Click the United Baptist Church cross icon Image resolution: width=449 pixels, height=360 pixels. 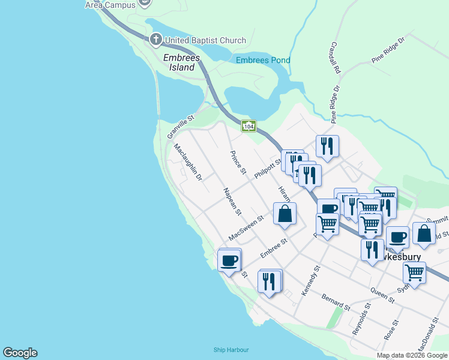[x=155, y=40]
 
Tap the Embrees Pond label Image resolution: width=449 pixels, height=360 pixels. [x=263, y=61]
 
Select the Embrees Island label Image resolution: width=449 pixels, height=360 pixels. [x=179, y=62]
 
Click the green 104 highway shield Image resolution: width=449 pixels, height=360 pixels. [x=249, y=126]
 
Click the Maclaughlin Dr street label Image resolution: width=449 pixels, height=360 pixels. [x=188, y=163]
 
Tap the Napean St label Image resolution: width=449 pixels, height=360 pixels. [x=232, y=201]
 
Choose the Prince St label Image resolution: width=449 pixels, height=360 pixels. [x=238, y=163]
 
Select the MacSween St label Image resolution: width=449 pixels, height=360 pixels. [x=246, y=228]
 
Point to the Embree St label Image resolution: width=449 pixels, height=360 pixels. [x=274, y=248]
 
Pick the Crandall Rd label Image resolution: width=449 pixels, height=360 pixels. [x=335, y=58]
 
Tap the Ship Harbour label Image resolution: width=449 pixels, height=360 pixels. [x=231, y=350]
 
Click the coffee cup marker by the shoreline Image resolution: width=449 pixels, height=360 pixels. [x=229, y=261]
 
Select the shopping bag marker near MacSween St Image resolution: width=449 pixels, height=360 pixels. [x=285, y=214]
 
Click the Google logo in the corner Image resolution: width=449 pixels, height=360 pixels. [x=20, y=353]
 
